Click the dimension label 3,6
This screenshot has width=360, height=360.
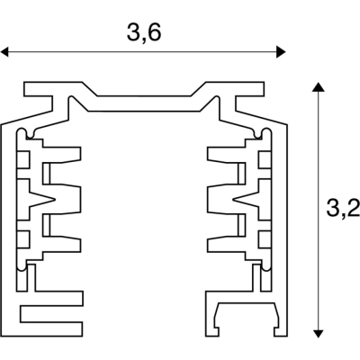[x=144, y=32]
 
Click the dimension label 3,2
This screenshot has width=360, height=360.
[x=344, y=208]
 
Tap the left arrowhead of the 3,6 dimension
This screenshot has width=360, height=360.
[x=4, y=52]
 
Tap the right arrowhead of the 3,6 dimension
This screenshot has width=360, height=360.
[x=281, y=52]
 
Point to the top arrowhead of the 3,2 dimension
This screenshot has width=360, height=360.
[x=318, y=87]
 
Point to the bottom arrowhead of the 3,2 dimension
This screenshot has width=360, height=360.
[x=318, y=333]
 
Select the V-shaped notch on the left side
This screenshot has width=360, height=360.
[x=42, y=199]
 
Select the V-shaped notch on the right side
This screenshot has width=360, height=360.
[x=246, y=199]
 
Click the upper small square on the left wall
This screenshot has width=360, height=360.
[x=23, y=160]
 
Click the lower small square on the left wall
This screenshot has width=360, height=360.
[x=23, y=238]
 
